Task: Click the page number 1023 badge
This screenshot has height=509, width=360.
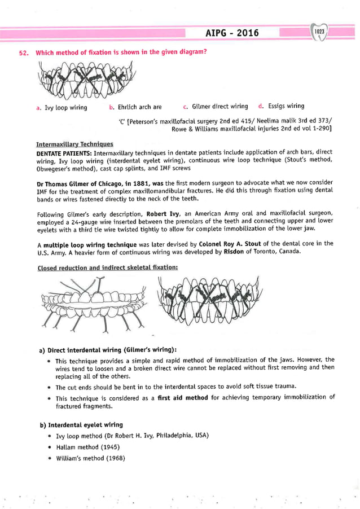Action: pyautogui.click(x=319, y=32)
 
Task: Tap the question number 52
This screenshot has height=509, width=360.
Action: pyautogui.click(x=23, y=53)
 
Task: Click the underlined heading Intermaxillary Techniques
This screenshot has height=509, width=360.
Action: pyautogui.click(x=74, y=144)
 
